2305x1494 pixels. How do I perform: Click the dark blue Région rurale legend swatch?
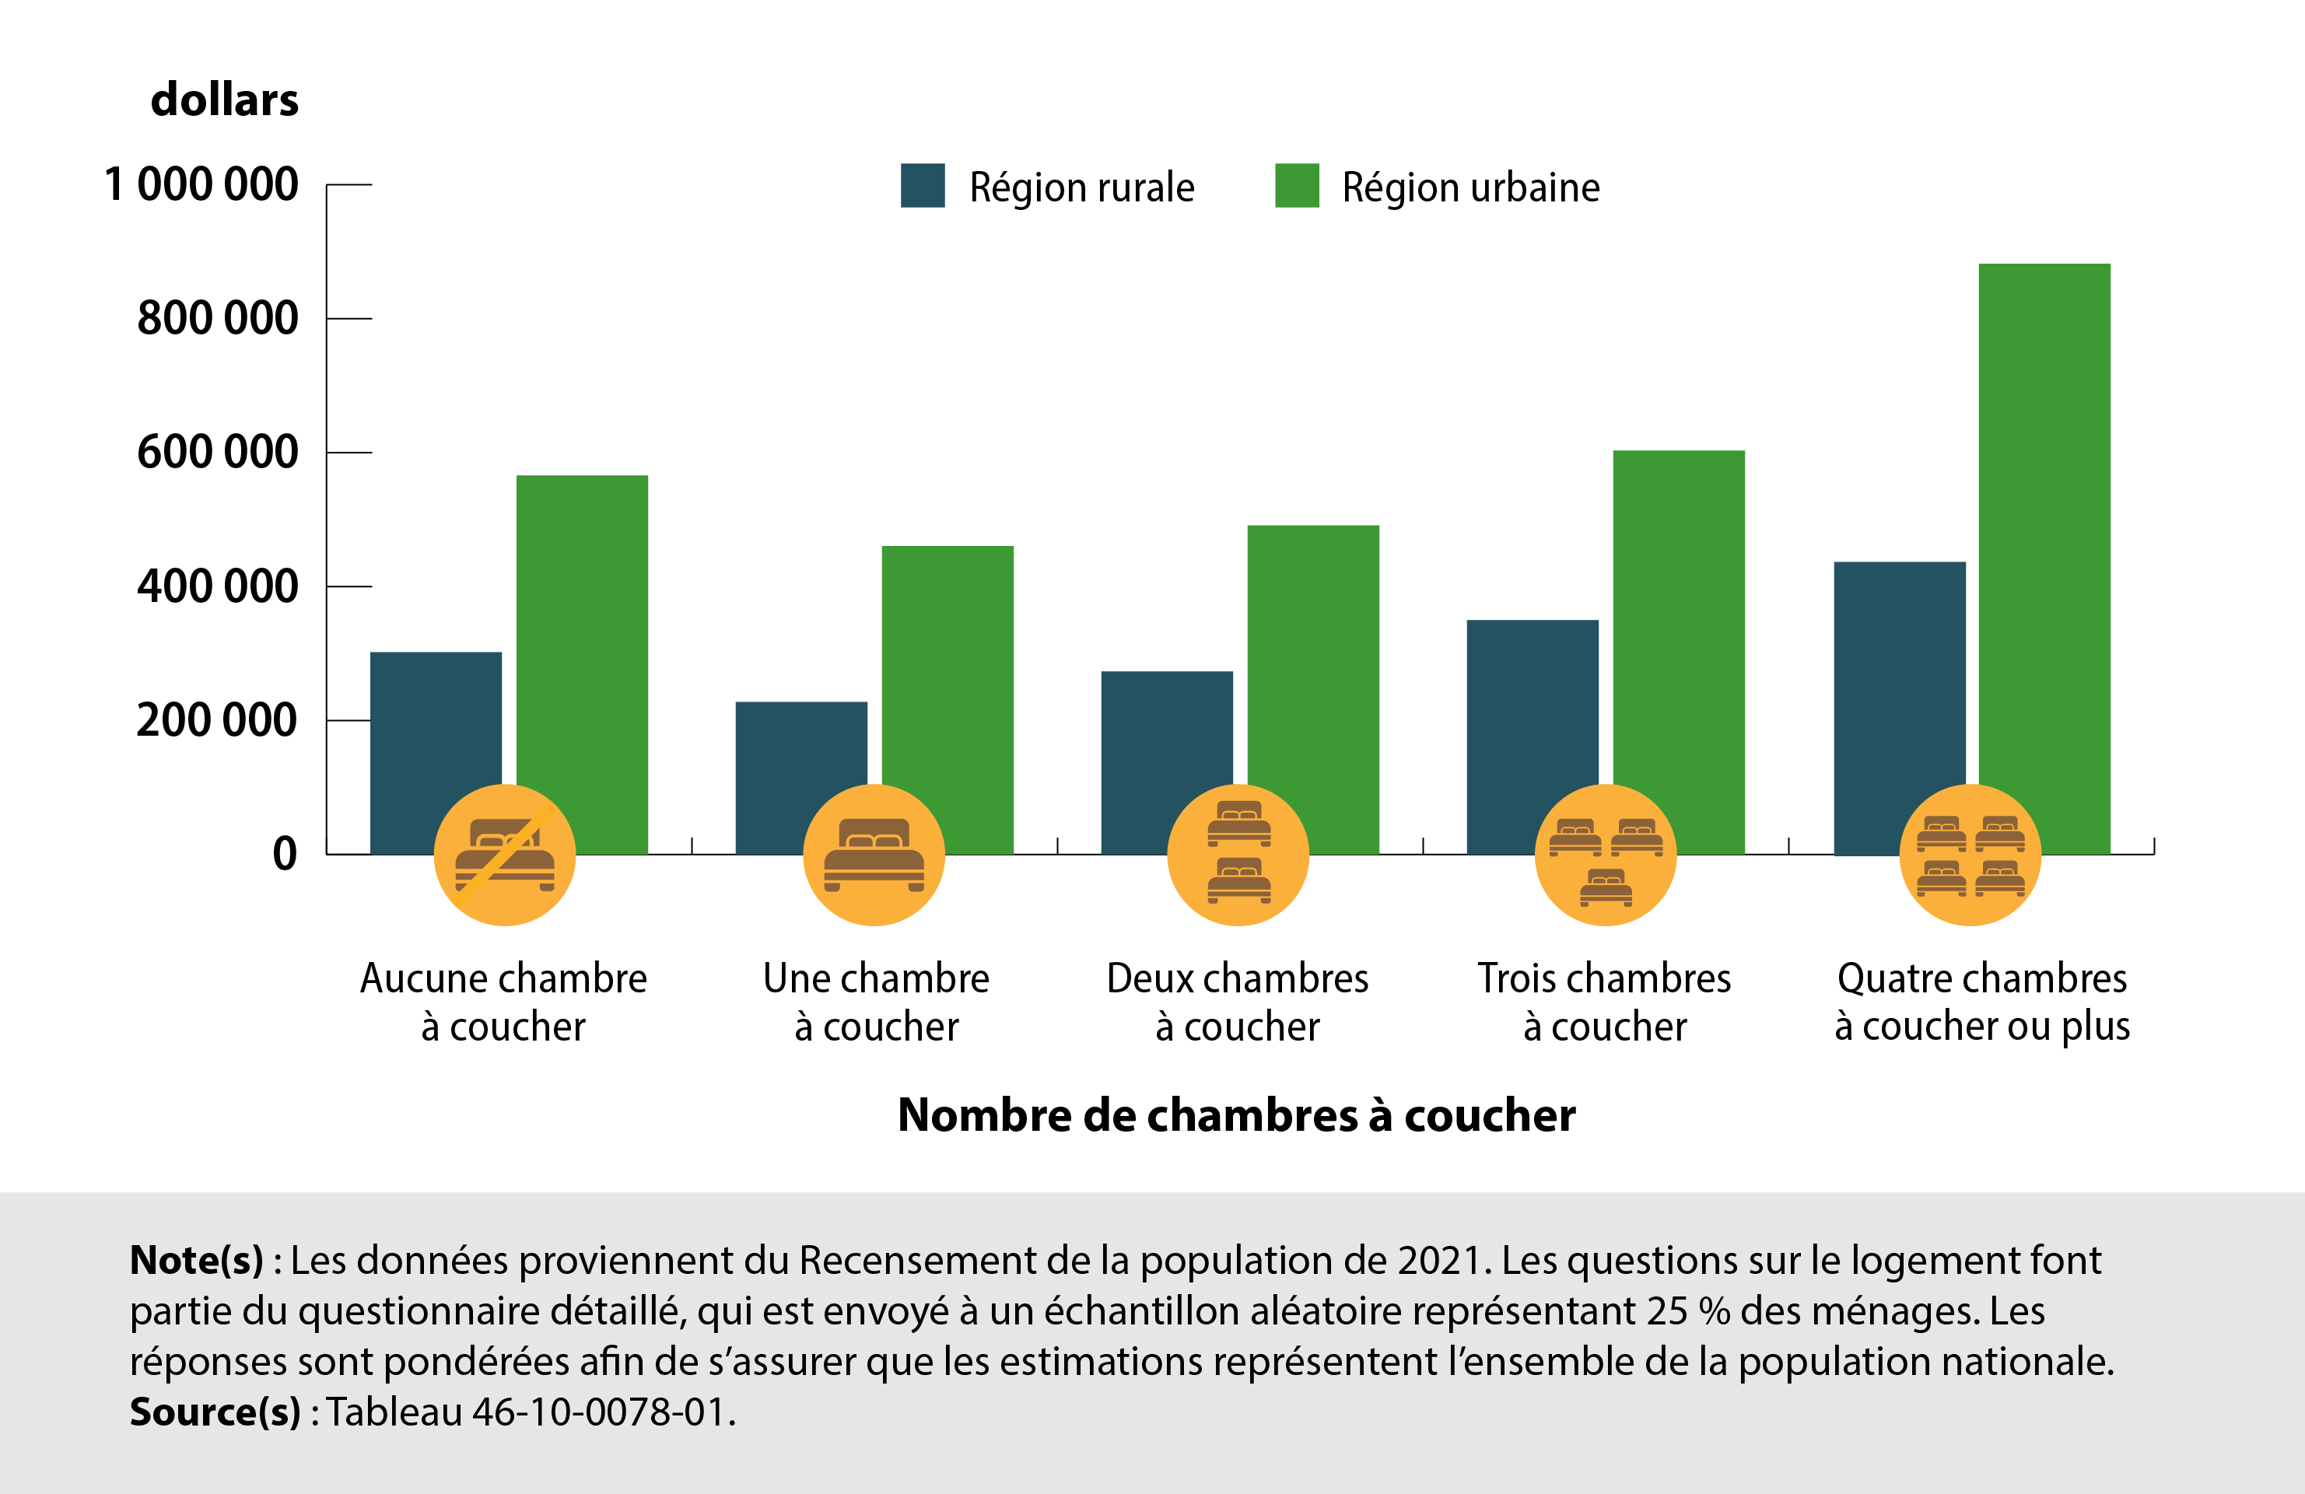[x=922, y=186]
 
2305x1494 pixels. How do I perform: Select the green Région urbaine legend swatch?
[x=1297, y=186]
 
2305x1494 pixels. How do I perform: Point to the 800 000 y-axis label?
[x=217, y=319]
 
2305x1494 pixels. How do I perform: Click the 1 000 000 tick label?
[x=201, y=184]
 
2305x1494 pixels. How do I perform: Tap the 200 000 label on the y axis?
[x=217, y=720]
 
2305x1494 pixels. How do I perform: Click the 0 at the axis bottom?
[x=285, y=854]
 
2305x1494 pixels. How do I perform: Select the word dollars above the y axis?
[x=225, y=100]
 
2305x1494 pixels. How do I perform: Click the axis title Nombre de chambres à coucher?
[x=1236, y=1115]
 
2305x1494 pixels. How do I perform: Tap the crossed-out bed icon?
[x=505, y=855]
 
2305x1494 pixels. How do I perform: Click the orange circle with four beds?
[x=1970, y=855]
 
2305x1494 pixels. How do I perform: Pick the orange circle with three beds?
[x=1605, y=855]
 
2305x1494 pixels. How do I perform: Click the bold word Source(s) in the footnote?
[x=215, y=1412]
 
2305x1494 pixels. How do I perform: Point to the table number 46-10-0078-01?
[x=598, y=1412]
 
